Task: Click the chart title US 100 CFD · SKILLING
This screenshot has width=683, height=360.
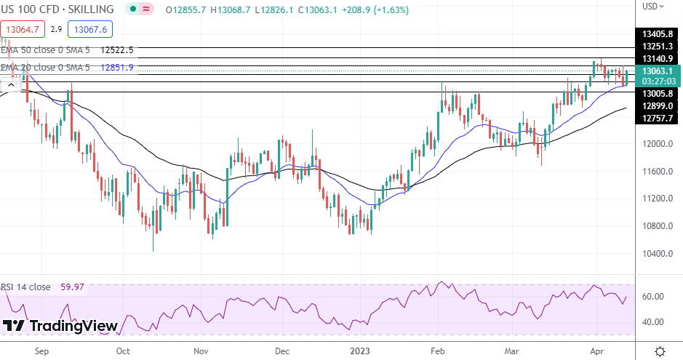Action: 57,9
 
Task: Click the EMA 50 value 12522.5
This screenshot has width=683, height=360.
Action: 118,50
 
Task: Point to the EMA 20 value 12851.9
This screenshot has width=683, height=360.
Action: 118,68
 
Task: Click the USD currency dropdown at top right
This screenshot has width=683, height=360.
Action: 653,7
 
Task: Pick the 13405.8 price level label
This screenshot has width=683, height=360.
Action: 658,33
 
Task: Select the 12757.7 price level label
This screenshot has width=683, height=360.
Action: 658,118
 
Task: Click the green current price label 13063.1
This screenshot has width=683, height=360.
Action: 658,71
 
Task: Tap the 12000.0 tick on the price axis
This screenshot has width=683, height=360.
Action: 658,144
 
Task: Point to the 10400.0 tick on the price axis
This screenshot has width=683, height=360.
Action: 658,254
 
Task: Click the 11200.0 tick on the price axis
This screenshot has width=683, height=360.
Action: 658,199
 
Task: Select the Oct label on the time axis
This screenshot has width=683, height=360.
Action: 122,351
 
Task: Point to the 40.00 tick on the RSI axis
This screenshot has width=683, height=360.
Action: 653,322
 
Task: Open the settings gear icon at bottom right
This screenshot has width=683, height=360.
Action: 660,351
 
